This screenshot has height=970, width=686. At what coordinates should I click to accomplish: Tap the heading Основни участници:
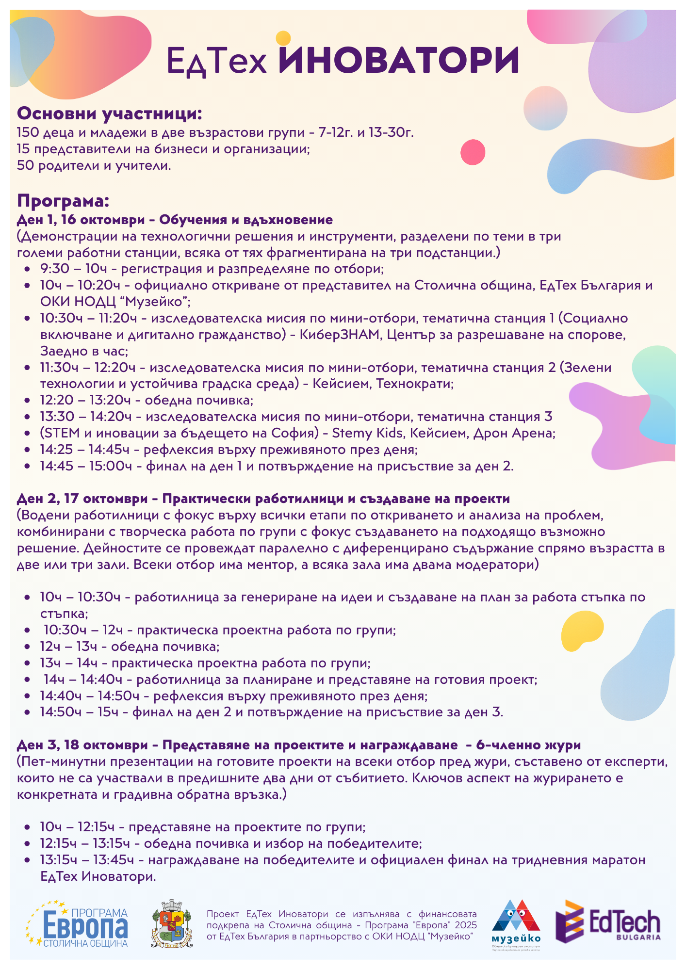[109, 114]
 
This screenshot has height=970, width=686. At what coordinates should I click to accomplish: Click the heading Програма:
[63, 201]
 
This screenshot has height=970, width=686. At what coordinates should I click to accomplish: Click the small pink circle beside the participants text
[473, 152]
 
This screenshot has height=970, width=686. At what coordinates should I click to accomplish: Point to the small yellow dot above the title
[283, 38]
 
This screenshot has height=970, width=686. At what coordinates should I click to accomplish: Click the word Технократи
[414, 384]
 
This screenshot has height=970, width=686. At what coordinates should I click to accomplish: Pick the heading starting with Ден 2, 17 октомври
[263, 499]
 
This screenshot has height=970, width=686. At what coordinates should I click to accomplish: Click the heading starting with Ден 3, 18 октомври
[298, 745]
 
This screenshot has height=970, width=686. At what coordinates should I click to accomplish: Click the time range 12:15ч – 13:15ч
[85, 843]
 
